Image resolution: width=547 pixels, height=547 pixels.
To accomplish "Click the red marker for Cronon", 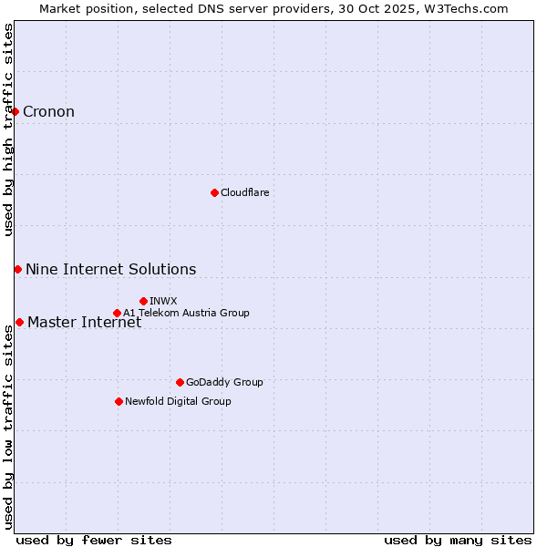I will click(x=15, y=111).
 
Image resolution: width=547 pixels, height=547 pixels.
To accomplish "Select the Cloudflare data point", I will click(x=214, y=192).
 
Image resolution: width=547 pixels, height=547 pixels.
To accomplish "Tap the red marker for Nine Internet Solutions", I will click(x=17, y=269).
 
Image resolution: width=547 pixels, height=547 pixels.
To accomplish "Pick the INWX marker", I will click(x=143, y=301).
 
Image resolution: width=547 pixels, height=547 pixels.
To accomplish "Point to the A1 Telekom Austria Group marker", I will click(x=117, y=313).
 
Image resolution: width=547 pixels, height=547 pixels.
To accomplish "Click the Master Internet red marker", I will click(x=19, y=322).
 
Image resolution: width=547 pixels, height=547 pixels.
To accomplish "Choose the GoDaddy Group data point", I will click(x=180, y=382).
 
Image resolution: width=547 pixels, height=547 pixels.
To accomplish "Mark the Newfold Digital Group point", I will click(x=119, y=401).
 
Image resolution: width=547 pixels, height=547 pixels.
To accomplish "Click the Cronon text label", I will click(x=48, y=112).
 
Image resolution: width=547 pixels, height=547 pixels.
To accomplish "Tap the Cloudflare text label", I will click(x=244, y=192).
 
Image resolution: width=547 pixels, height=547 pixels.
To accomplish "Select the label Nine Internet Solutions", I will click(x=110, y=269).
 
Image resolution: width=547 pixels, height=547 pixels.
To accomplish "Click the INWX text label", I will click(x=163, y=301).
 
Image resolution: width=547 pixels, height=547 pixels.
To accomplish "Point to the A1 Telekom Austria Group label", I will click(x=186, y=313).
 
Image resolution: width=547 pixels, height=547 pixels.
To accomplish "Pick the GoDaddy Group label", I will click(x=224, y=382).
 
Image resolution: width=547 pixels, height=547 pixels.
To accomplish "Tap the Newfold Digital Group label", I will click(x=178, y=401).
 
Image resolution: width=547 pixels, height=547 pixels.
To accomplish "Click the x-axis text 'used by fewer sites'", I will click(x=94, y=540).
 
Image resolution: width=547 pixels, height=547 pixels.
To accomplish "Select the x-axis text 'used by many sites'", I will click(x=458, y=540).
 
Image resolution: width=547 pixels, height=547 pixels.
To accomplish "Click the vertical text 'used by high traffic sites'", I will click(x=8, y=129).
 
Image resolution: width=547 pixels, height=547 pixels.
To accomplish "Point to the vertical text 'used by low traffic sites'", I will click(x=8, y=427).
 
